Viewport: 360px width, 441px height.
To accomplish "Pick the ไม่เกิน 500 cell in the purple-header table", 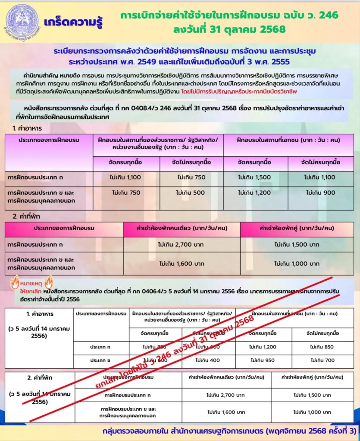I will tap(190, 193).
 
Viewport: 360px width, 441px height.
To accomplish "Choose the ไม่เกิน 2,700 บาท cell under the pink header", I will tap(181, 245).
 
